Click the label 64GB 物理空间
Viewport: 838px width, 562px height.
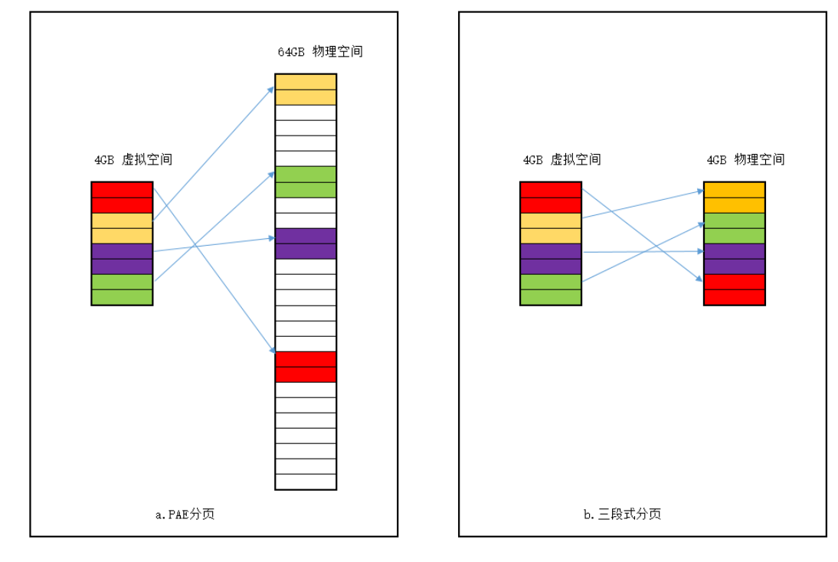(x=319, y=53)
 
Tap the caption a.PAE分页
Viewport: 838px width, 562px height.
(x=184, y=515)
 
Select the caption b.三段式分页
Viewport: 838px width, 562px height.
(x=622, y=515)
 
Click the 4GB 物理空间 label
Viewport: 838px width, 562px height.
(x=745, y=160)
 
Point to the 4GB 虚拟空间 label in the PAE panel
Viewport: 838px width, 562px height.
(x=133, y=160)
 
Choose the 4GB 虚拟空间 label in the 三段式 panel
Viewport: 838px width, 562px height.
(x=561, y=160)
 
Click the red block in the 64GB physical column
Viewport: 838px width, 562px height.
(x=306, y=367)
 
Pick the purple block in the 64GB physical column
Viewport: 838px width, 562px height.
(x=306, y=243)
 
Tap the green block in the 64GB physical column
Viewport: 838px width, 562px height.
(x=306, y=182)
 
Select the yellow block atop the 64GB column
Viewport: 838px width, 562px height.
(x=306, y=90)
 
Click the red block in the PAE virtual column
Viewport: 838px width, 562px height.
(x=122, y=198)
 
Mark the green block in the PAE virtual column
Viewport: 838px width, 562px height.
(x=122, y=289)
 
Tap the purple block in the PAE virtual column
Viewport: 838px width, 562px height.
(x=122, y=259)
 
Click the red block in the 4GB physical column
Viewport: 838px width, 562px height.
(x=734, y=289)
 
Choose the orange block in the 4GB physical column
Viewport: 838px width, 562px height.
(x=734, y=198)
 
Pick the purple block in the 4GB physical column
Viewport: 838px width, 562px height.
(x=734, y=259)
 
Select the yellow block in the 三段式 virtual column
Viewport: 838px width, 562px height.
(x=550, y=228)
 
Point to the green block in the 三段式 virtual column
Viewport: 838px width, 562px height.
(x=550, y=289)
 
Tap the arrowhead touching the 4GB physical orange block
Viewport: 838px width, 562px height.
(x=699, y=191)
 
